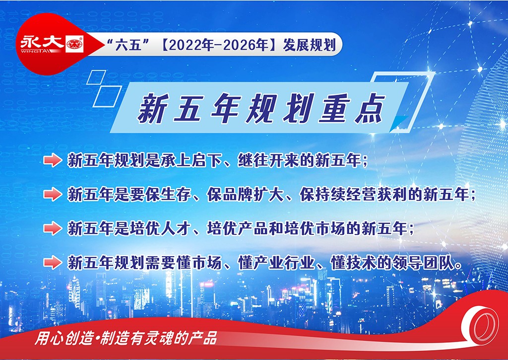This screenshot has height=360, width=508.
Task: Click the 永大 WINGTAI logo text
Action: [43, 44]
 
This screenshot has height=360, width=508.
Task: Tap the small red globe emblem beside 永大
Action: [74, 44]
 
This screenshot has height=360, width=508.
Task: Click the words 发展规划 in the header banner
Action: [309, 45]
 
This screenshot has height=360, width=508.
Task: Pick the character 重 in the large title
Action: [334, 109]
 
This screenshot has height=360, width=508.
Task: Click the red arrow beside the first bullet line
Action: [53, 160]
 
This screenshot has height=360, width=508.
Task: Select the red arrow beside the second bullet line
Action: [53, 194]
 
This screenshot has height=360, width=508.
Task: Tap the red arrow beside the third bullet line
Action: [53, 228]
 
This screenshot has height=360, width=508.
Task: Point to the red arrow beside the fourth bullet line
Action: [53, 262]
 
